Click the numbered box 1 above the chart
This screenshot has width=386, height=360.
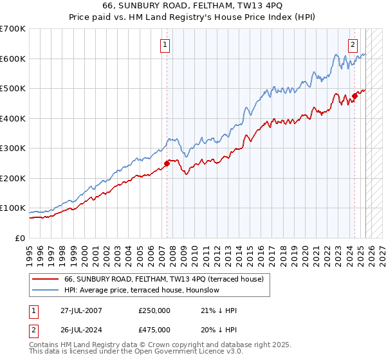click(165, 45)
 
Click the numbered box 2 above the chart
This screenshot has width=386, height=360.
click(353, 45)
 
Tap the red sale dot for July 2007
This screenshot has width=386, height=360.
click(167, 163)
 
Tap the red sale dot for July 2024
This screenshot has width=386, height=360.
click(354, 96)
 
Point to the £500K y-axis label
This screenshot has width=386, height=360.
click(13, 89)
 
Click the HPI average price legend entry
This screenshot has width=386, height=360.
click(142, 290)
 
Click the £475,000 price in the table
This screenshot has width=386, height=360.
click(154, 330)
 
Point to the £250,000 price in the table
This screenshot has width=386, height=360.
click(154, 310)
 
